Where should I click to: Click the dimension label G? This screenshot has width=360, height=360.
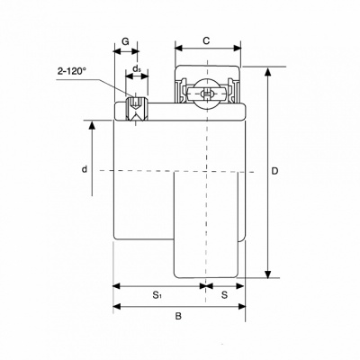(125, 41)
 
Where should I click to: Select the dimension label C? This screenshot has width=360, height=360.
(206, 40)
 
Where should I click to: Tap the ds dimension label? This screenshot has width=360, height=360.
(137, 68)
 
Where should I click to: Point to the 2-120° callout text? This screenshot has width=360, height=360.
(72, 71)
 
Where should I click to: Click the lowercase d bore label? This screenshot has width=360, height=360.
(85, 169)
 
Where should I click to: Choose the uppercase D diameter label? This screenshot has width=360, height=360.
(274, 171)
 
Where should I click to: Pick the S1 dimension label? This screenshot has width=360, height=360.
(157, 295)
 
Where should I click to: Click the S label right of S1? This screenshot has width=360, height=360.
(224, 295)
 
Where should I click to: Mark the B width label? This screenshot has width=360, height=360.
(178, 316)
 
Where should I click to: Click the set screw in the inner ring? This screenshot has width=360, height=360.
(137, 109)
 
